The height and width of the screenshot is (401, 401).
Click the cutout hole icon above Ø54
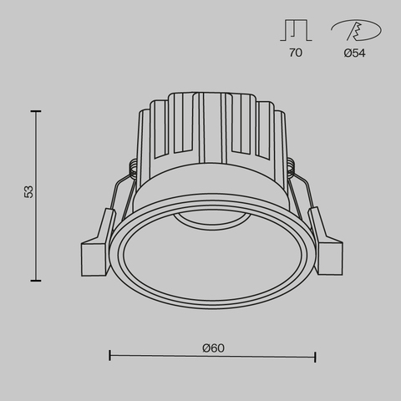coord(357,31)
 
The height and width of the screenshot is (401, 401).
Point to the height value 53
coord(28,193)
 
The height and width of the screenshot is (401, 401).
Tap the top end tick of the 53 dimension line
coord(37,109)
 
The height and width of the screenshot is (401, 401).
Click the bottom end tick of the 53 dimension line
coord(37,281)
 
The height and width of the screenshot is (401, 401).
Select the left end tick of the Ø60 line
coord(110,357)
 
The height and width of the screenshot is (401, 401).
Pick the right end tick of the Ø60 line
coord(315,357)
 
